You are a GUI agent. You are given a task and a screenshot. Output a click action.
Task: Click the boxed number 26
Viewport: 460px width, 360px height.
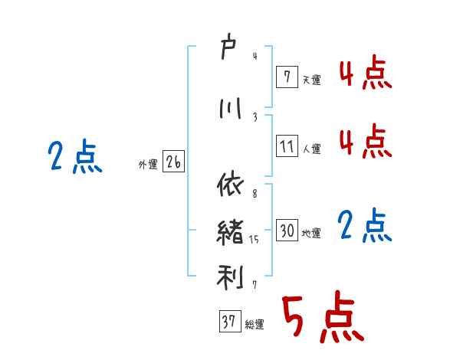[173, 162]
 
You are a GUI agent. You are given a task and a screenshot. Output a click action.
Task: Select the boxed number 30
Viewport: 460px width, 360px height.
[287, 231]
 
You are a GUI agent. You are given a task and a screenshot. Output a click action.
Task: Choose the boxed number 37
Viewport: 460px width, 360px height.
[228, 322]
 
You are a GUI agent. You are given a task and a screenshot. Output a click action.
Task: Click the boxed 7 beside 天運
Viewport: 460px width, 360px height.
[287, 77]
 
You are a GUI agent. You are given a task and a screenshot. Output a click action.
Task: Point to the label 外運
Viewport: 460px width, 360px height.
[147, 164]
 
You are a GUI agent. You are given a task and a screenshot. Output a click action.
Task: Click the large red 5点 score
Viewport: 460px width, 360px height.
[321, 317]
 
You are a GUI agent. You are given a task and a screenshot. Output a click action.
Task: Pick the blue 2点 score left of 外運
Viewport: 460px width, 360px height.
[75, 158]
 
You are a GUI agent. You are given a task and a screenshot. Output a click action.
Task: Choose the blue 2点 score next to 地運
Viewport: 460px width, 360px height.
[365, 227]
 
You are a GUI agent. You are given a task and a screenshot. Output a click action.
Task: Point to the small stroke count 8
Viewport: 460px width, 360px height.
[254, 195]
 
